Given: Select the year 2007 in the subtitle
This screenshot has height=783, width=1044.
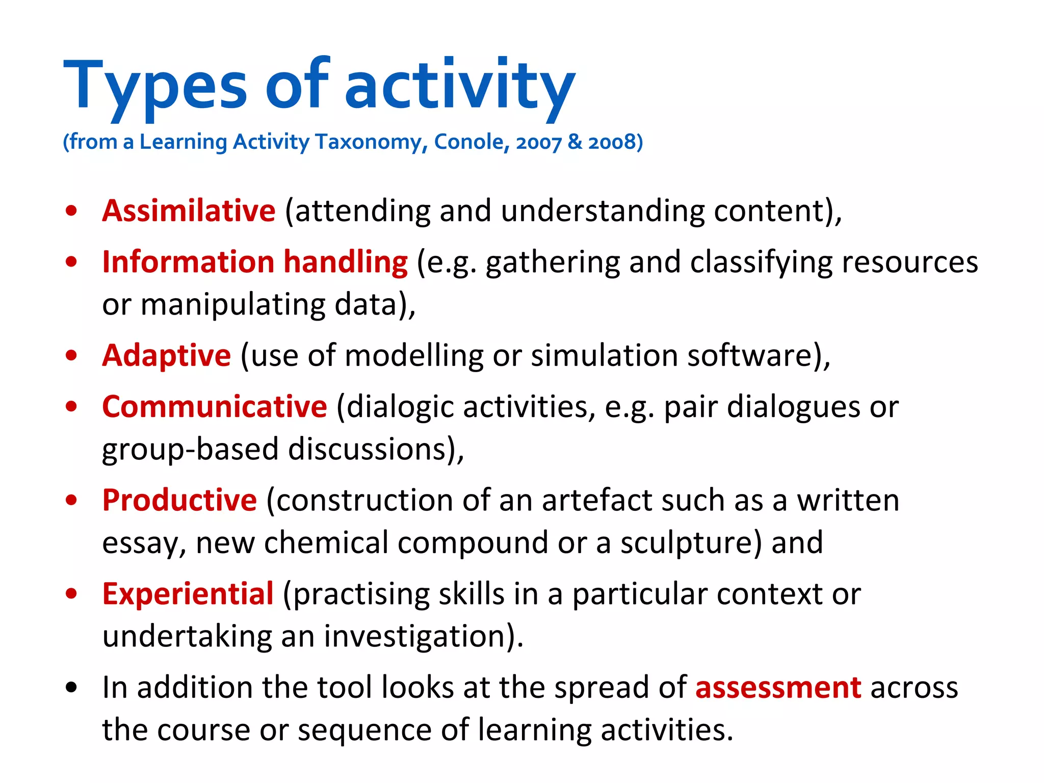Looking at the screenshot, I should click(538, 142).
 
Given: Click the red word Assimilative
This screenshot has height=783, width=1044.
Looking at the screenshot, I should click(189, 211).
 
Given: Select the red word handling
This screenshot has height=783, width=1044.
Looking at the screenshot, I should click(345, 262).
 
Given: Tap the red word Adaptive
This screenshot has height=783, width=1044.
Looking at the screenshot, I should click(166, 355).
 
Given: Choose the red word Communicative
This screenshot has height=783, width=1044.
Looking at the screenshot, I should click(214, 407).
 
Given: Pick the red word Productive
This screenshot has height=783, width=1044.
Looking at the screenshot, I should click(179, 500).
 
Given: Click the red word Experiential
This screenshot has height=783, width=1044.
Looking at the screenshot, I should click(188, 594).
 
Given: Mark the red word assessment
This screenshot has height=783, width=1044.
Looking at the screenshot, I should click(778, 688).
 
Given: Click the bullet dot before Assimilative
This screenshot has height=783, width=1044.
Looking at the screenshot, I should click(71, 211).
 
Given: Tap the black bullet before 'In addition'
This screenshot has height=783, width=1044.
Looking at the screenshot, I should click(71, 688).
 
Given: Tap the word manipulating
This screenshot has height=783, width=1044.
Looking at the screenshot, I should click(232, 305).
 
